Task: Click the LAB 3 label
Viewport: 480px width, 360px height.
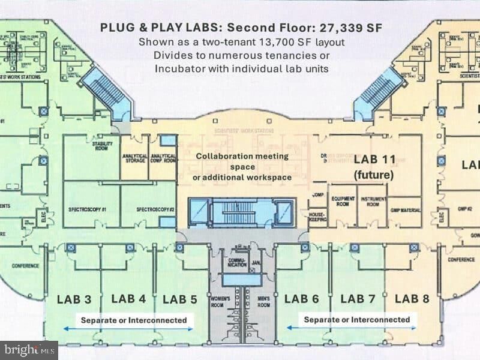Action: click(74, 299)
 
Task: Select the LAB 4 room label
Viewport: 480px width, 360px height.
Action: click(128, 299)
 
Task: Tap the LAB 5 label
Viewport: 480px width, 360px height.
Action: click(180, 299)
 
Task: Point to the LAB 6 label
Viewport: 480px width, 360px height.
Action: click(301, 299)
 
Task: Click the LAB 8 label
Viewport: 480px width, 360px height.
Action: click(412, 299)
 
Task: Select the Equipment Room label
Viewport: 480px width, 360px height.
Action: click(343, 201)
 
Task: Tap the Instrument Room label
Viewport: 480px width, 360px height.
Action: click(373, 201)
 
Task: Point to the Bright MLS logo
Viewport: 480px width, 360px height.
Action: click(29, 349)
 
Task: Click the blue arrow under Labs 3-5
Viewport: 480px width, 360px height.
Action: click(129, 329)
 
